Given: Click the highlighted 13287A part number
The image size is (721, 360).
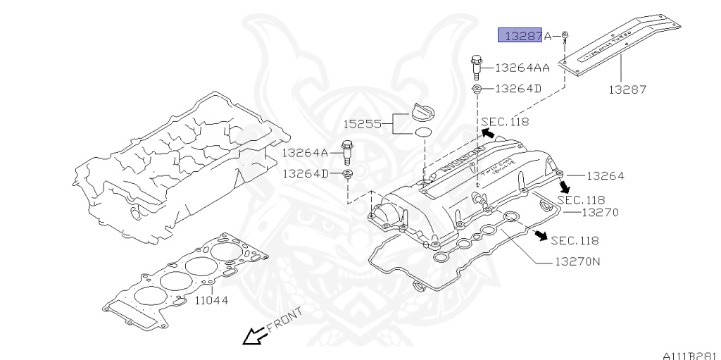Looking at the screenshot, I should click(525, 35).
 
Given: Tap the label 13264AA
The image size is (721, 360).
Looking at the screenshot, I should click(522, 68).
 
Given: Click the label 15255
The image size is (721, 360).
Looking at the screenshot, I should click(363, 124).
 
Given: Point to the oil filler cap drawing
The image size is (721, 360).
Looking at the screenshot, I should click(422, 113).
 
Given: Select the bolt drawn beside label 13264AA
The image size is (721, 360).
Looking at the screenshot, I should click(477, 68).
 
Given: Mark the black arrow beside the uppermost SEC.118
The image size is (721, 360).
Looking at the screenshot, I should click(487, 132).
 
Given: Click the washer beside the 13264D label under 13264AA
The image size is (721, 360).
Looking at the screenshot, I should click(477, 89).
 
